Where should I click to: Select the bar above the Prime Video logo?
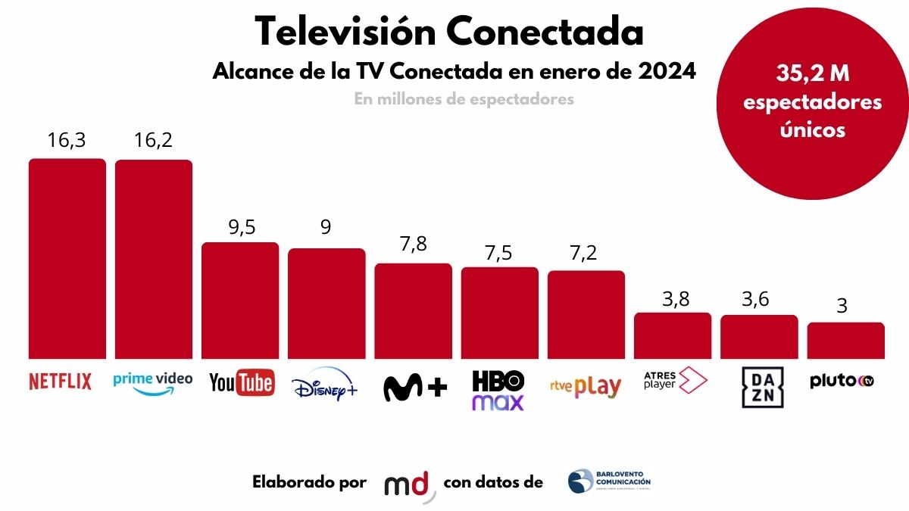153,259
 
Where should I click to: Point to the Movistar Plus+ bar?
413,311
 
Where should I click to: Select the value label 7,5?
500,252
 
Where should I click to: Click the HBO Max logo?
498,390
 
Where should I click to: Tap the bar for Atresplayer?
673,335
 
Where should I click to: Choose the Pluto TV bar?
845,340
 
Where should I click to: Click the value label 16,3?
67,142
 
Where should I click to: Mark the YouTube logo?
241,382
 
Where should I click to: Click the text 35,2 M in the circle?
813,74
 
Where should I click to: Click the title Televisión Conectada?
449,32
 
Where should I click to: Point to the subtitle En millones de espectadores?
464,99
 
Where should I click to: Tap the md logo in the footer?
410,485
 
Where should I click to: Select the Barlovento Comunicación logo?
609,481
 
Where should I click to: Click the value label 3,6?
759,299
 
